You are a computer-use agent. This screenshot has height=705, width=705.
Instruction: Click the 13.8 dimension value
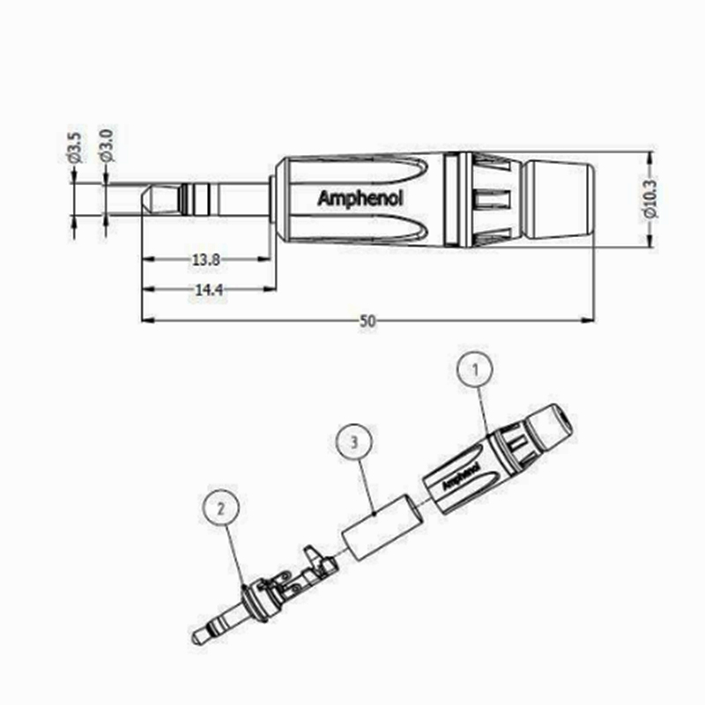pyautogui.click(x=204, y=260)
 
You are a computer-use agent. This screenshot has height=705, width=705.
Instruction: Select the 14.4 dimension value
pyautogui.click(x=204, y=290)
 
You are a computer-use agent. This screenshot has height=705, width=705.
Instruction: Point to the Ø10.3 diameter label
pyautogui.click(x=650, y=199)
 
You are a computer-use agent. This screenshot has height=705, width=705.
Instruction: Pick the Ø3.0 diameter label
pyautogui.click(x=106, y=146)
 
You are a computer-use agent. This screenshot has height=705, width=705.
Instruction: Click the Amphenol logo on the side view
pyautogui.click(x=360, y=198)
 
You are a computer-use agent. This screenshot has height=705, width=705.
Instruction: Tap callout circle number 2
pyautogui.click(x=221, y=508)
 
